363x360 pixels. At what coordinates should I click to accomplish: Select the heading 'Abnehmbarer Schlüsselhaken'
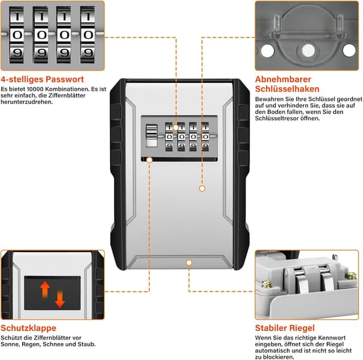tap(287, 84)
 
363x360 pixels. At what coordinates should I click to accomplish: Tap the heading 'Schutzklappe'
tap(28, 328)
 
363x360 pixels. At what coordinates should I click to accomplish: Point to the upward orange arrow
tap(44, 289)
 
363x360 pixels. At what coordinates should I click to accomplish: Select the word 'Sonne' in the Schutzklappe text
tap(12, 344)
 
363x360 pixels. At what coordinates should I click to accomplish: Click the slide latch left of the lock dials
tap(151, 138)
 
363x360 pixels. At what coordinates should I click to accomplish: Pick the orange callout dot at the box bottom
tap(189, 263)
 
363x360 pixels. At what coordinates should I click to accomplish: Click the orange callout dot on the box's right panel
tap(201, 188)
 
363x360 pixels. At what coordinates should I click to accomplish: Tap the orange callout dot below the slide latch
tap(149, 160)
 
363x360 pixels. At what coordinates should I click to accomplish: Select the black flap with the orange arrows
tap(52, 293)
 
